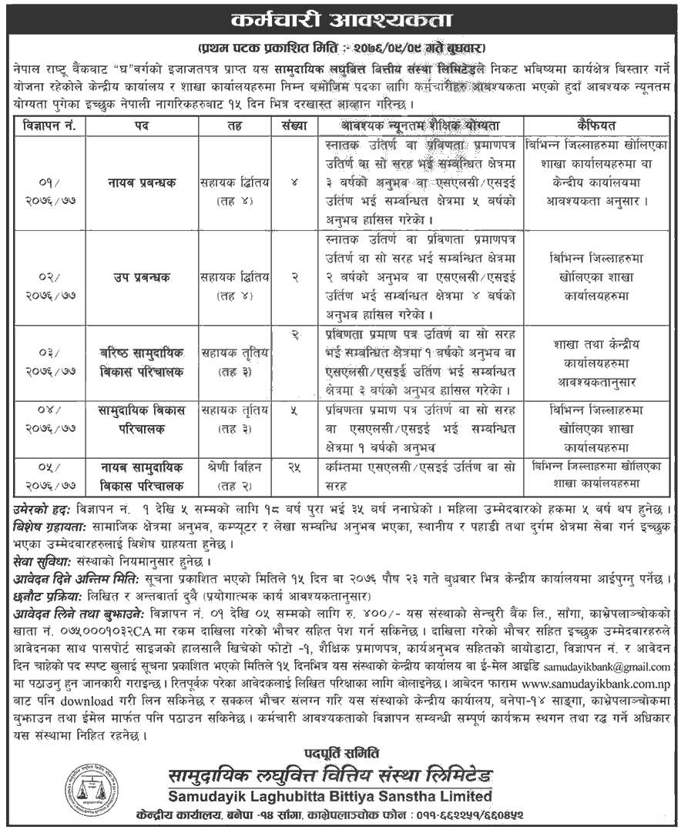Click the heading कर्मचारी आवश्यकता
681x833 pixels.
tap(340, 18)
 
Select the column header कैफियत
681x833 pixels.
tap(597, 125)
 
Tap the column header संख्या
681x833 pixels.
tap(294, 125)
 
